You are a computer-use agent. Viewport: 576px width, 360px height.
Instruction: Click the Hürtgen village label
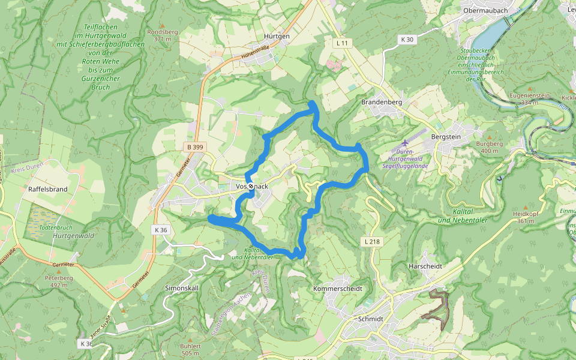(x=277, y=36)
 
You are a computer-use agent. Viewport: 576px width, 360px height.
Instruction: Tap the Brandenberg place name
(x=381, y=103)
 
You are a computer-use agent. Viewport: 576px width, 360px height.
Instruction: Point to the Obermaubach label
(x=485, y=11)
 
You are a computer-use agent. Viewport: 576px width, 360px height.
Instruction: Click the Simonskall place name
(x=182, y=288)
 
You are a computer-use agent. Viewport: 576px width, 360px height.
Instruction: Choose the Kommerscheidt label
(x=338, y=289)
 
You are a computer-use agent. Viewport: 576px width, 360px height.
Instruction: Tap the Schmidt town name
(x=370, y=319)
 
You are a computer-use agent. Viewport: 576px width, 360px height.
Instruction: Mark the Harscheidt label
(x=425, y=266)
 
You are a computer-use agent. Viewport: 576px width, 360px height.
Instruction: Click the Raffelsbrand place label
(x=47, y=189)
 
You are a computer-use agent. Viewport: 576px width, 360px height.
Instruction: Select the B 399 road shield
(x=194, y=146)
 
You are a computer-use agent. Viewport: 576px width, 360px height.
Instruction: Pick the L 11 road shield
(x=342, y=43)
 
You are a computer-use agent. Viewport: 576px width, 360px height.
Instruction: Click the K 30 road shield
(x=407, y=40)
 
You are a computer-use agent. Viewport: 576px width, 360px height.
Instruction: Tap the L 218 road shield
(x=372, y=241)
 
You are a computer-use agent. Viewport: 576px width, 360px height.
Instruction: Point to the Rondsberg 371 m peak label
(x=159, y=35)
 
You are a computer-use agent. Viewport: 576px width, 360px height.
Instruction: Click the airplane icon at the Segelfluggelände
(x=404, y=143)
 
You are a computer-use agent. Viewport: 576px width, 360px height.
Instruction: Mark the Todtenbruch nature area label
(x=55, y=229)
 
